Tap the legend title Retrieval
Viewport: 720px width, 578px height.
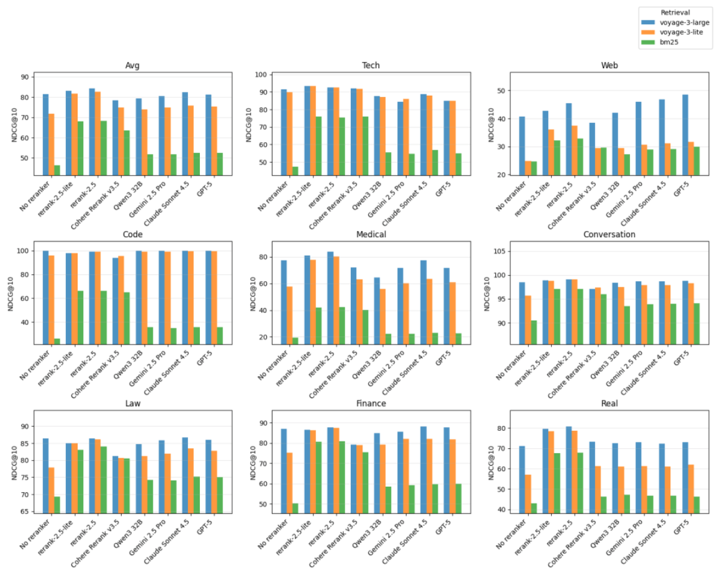click(x=675, y=12)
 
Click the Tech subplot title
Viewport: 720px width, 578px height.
click(x=371, y=66)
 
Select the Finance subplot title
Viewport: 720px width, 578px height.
click(x=371, y=404)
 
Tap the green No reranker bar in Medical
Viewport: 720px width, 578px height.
click(x=294, y=341)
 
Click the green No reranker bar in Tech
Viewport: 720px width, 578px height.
click(x=294, y=171)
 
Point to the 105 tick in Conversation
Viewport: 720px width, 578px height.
click(x=508, y=251)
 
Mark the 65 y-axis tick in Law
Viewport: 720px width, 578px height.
click(x=25, y=512)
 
